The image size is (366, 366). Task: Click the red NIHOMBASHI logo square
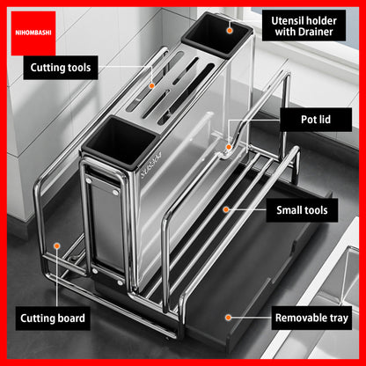coord(33,33)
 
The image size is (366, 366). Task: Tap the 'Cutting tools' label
coord(61,68)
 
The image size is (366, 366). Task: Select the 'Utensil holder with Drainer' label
coord(304,26)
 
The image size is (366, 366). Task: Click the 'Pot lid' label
coord(316,120)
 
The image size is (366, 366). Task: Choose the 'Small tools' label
coord(302,210)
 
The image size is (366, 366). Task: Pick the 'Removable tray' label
coord(311,318)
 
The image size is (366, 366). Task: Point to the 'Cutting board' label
coord(53,318)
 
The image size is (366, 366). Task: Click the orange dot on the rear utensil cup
coord(230,30)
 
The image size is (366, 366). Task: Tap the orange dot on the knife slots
coord(151,85)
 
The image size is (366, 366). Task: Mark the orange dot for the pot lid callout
coord(229,147)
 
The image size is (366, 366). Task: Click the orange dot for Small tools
coord(226,209)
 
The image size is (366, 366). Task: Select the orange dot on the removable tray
coord(228,318)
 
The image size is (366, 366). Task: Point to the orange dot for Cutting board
coord(57,245)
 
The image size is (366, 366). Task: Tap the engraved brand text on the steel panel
coord(150,165)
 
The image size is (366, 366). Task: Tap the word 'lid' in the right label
coord(325,120)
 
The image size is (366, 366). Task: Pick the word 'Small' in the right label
coord(288,210)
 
